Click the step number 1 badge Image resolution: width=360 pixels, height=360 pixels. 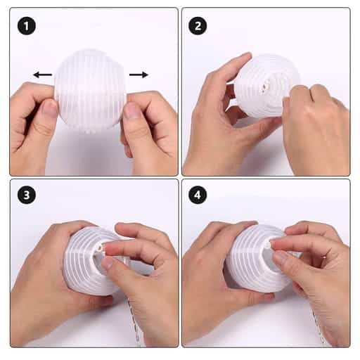pos(27,26)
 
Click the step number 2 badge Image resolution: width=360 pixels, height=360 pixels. pos(198,26)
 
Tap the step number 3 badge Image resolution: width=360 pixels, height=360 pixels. pos(27,195)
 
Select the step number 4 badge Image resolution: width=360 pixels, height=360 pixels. pos(198,195)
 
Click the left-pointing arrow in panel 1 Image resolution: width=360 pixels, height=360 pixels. pos(42,75)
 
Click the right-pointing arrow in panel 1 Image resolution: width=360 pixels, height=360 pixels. pos(139,75)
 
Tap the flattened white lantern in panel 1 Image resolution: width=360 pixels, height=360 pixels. pos(89,91)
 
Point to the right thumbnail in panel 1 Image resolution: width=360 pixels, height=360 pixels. pos(131,111)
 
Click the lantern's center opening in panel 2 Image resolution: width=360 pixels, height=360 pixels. pos(266,86)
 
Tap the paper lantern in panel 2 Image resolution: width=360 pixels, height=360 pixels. pos(267,86)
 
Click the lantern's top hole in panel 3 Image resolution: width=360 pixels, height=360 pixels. pos(101,247)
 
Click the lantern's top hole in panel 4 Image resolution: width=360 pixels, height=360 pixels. pos(268,245)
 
